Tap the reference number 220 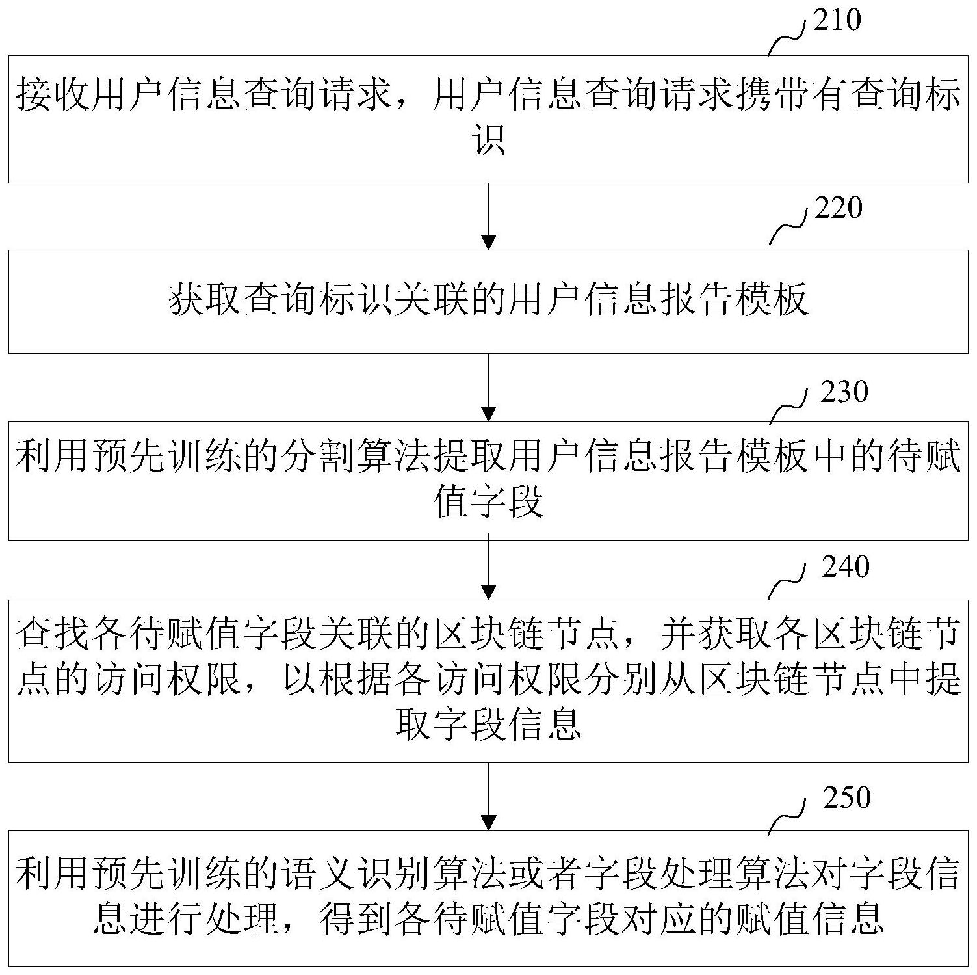(839, 208)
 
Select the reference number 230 (844, 392)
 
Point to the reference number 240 (846, 567)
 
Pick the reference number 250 (846, 797)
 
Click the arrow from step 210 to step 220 (488, 217)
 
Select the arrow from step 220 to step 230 (488, 387)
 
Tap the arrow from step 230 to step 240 (488, 567)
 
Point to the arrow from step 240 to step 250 (488, 796)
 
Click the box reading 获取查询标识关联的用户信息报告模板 (488, 302)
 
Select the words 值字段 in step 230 (489, 502)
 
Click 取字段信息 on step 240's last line (489, 725)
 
